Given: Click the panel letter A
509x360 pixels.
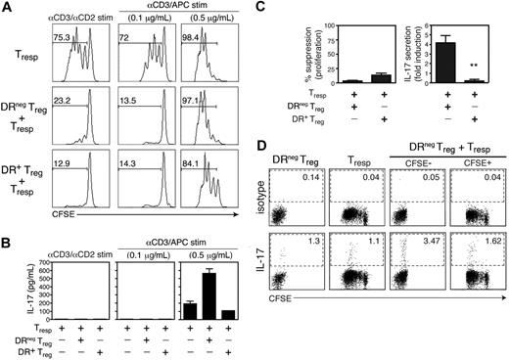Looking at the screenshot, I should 7,8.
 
